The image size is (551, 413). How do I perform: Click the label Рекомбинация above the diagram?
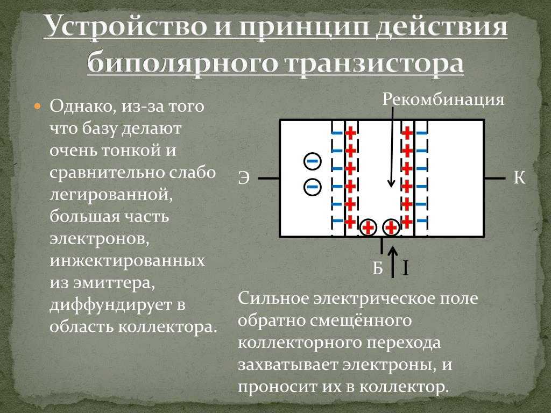[443, 99]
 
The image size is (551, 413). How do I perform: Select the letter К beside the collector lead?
[519, 177]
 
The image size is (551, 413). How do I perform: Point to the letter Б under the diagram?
[377, 268]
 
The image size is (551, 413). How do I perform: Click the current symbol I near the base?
[405, 268]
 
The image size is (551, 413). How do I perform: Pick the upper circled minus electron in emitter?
[313, 161]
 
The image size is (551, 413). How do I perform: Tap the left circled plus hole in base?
[368, 227]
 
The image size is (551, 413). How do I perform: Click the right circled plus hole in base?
[391, 227]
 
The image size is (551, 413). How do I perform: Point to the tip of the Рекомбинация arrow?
[391, 187]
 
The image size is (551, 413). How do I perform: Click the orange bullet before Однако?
[38, 106]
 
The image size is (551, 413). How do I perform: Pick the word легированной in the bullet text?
[111, 195]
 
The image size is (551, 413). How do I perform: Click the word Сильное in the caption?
[274, 298]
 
